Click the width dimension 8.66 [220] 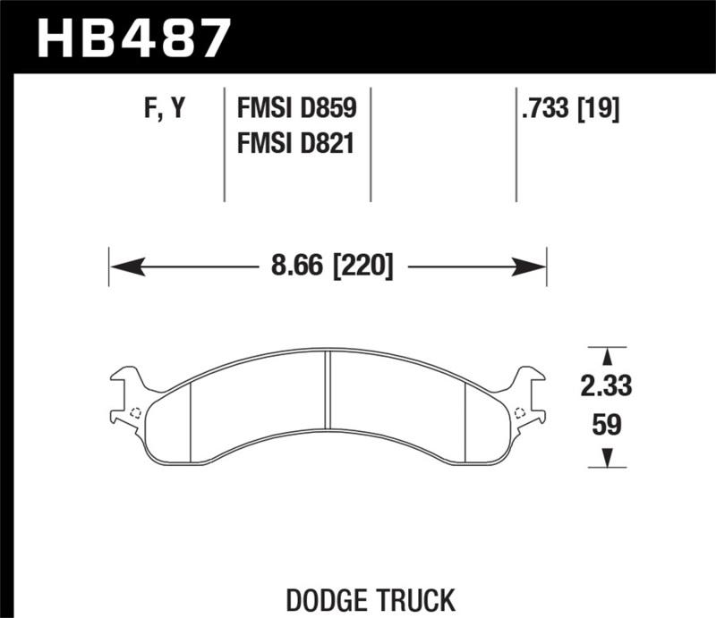tap(328, 266)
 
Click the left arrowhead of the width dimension tap(120, 266)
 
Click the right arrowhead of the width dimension tap(535, 266)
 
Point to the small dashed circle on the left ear tap(134, 412)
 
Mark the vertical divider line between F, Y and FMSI tap(224, 143)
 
